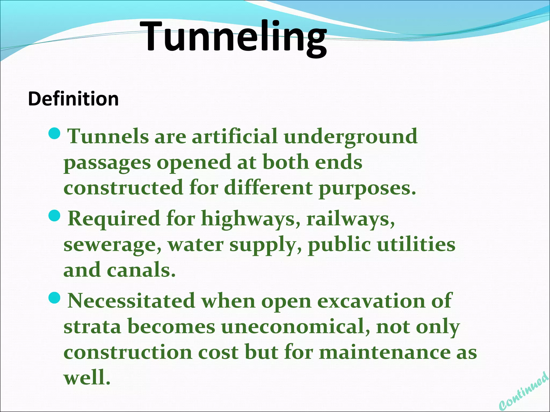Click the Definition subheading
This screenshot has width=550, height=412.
point(73,99)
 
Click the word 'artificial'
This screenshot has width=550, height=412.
point(234,136)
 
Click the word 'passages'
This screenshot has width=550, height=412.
point(107,163)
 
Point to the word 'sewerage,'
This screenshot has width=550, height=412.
point(113,245)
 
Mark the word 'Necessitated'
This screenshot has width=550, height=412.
point(131,301)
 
